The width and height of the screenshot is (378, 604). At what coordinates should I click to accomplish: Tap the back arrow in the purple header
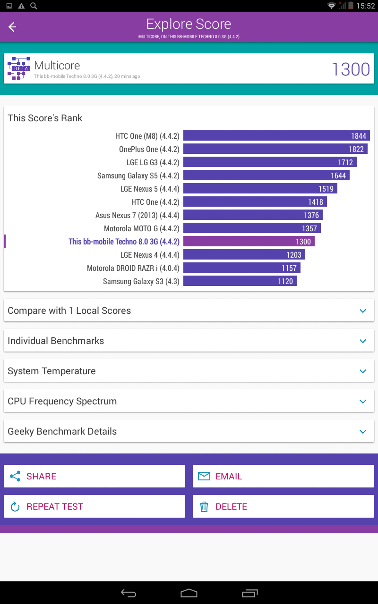click(12, 27)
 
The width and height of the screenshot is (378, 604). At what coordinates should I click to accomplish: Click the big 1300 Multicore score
click(351, 69)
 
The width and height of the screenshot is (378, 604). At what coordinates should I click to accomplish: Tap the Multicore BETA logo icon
click(18, 68)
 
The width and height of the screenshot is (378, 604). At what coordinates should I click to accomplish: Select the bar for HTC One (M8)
click(276, 135)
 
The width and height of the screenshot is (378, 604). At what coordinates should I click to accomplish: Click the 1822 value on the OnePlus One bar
click(356, 149)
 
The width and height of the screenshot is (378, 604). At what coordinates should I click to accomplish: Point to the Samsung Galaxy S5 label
click(138, 176)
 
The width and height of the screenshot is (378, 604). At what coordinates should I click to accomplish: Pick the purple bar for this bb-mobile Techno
click(249, 241)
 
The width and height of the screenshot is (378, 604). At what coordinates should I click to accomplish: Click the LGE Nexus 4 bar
click(244, 254)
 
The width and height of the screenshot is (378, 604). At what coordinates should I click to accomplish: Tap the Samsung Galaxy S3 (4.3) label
click(141, 281)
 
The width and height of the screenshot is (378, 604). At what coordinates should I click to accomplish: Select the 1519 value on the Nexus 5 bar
click(326, 189)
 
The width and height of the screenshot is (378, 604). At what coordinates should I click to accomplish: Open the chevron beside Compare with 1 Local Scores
click(363, 310)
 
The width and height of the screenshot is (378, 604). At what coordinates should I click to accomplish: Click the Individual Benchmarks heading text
click(56, 341)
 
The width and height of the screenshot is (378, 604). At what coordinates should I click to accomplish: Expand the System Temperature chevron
click(363, 371)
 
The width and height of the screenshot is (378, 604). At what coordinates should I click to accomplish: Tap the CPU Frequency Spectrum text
click(62, 401)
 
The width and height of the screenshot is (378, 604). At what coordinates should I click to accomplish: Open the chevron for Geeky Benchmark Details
click(363, 431)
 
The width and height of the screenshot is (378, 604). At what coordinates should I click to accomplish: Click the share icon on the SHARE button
click(15, 476)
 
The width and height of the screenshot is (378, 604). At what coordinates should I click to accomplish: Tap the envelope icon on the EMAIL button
click(204, 476)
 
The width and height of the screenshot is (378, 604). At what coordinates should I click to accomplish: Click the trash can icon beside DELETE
click(204, 507)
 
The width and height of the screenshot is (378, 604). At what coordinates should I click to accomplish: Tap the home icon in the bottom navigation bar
click(189, 593)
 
